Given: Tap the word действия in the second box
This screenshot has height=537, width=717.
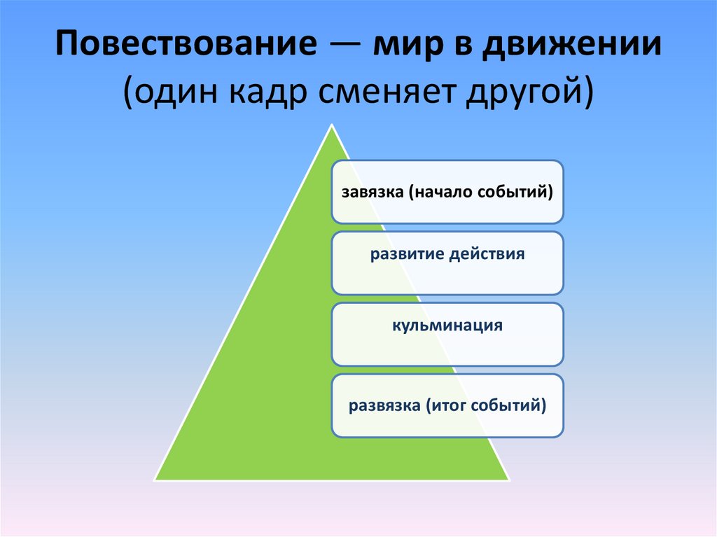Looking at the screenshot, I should (489, 253).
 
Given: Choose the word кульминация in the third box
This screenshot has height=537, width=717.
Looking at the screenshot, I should (447, 326).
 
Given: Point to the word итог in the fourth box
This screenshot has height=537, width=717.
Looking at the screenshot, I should (447, 405).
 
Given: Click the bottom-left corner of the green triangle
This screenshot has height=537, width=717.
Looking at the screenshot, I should (155, 480).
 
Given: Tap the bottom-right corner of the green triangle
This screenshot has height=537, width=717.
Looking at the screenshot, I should (508, 480).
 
